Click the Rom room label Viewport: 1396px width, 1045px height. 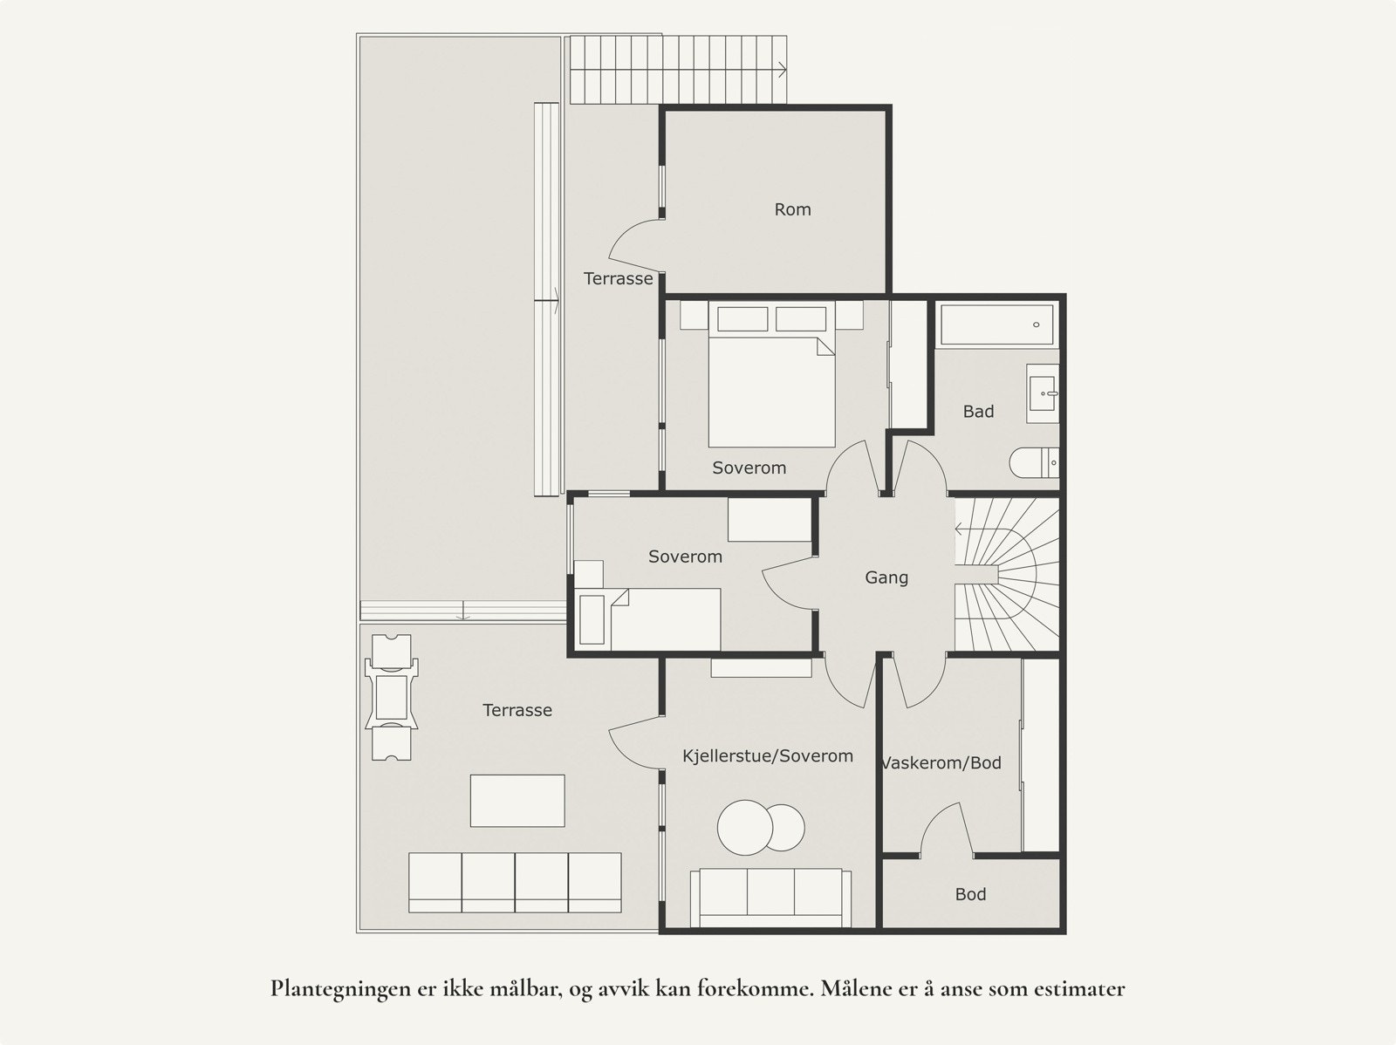point(792,209)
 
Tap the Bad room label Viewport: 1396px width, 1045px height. point(978,412)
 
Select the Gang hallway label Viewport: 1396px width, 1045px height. point(886,577)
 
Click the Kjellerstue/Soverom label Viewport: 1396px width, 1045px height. point(768,756)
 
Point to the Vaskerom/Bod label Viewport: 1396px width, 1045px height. point(941,762)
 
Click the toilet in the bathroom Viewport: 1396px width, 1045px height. point(1034,462)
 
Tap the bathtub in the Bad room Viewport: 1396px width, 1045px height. point(997,324)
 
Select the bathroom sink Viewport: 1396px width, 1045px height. point(1043,393)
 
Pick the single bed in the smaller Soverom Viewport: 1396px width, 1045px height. point(648,619)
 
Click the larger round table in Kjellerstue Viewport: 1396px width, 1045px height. point(745,828)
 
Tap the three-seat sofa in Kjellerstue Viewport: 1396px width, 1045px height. point(770,898)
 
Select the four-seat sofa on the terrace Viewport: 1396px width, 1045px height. point(515,883)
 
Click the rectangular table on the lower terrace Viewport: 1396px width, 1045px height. point(517,801)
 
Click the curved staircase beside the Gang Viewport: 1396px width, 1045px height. point(1007,575)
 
